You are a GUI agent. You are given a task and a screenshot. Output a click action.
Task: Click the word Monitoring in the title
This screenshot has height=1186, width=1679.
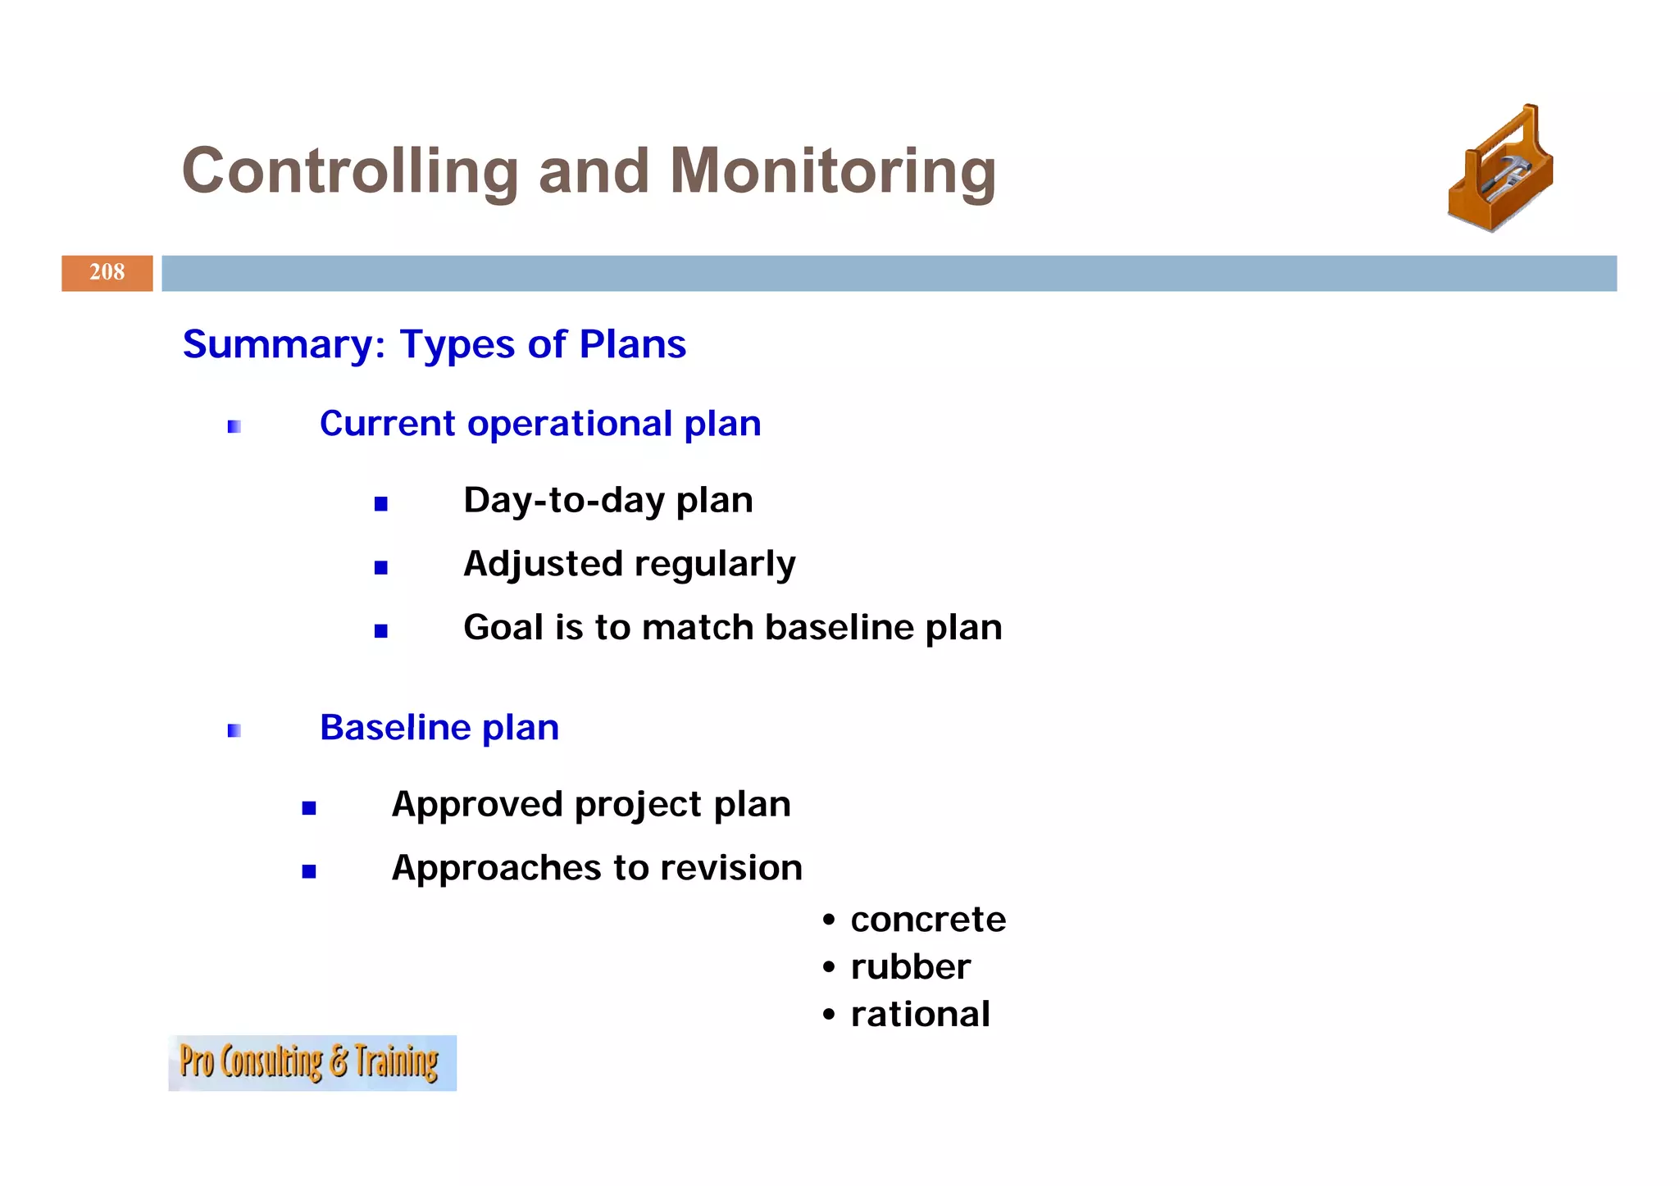tap(832, 172)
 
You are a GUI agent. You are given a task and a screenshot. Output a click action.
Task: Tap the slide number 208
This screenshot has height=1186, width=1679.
tap(107, 273)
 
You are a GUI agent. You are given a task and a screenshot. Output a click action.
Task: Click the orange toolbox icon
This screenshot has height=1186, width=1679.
tap(1500, 170)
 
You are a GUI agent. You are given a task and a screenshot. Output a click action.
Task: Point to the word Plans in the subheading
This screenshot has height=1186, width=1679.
tap(632, 344)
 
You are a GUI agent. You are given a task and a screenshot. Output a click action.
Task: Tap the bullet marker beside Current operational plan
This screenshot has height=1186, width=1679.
tap(234, 426)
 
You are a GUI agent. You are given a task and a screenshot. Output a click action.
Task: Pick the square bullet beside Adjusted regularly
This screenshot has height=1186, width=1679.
tap(380, 567)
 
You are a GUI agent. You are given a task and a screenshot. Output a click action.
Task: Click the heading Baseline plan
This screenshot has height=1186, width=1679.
tap(439, 728)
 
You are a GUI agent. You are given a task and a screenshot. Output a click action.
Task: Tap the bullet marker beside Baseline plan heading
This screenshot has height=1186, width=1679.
tap(234, 730)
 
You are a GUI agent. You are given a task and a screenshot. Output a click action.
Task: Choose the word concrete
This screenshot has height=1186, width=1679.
tap(928, 920)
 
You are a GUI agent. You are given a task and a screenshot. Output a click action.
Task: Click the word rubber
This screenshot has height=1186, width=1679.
tap(910, 967)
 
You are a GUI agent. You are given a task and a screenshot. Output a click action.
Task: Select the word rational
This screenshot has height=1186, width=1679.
tap(920, 1015)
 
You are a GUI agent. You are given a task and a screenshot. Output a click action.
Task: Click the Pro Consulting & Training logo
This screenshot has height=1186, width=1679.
tap(312, 1062)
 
